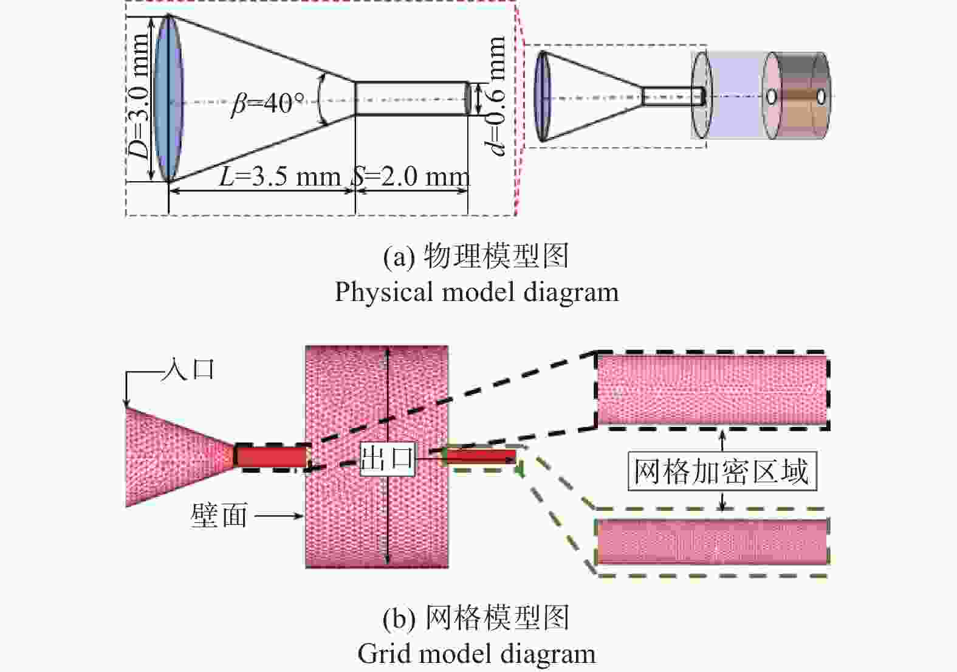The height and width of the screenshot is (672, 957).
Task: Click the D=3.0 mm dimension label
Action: click(139, 97)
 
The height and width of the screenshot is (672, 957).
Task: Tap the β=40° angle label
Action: click(268, 103)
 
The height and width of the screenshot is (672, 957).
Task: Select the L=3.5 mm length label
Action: click(280, 177)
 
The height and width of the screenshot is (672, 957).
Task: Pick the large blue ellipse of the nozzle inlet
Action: click(168, 97)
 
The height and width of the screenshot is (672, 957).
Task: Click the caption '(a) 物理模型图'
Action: click(476, 256)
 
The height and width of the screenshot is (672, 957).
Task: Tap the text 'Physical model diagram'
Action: click(477, 292)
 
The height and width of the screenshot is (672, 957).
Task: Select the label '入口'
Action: click(188, 369)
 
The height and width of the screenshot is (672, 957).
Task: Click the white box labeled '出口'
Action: click(387, 458)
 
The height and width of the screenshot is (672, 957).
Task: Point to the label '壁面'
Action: click(219, 516)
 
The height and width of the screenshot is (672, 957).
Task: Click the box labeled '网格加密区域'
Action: click(722, 471)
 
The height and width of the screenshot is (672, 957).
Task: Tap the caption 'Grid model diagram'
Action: click(477, 654)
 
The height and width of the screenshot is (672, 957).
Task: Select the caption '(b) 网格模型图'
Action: click(476, 618)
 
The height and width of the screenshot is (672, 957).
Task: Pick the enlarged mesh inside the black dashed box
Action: click(712, 390)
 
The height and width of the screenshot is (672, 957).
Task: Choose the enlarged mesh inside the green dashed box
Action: click(712, 541)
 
